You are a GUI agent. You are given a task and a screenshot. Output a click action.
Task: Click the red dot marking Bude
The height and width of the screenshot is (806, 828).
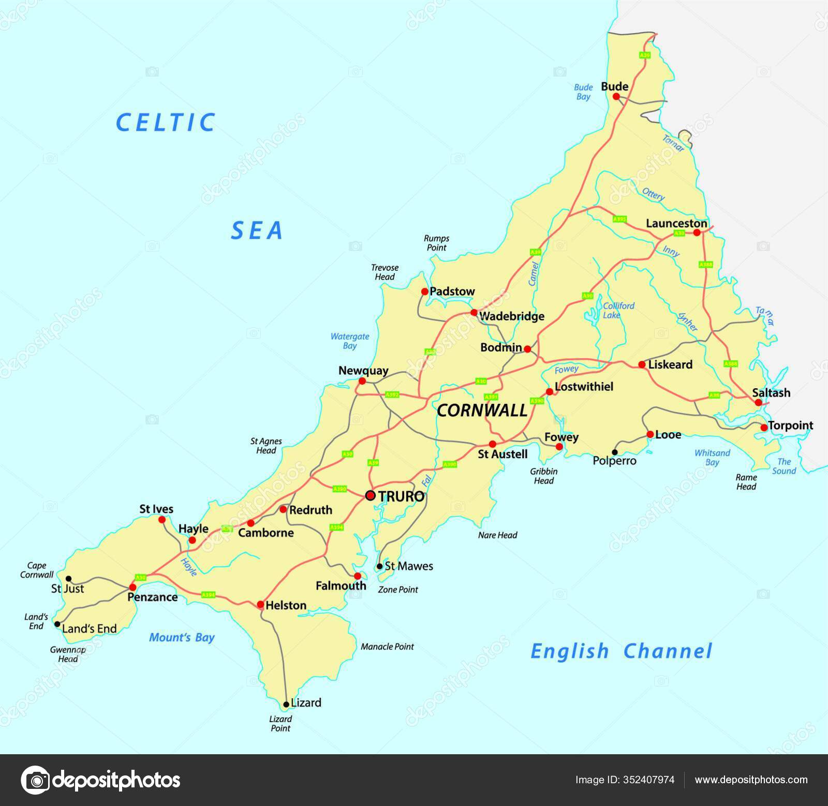[x=616, y=96]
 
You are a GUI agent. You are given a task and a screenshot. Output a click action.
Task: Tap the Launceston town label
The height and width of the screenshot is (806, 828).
[x=676, y=224]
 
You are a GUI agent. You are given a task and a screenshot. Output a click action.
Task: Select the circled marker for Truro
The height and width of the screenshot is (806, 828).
[x=370, y=495]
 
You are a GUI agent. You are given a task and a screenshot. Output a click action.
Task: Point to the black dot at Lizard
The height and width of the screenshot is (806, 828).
[x=286, y=705]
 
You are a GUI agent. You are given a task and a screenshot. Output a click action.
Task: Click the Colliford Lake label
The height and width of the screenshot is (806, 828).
[x=618, y=310]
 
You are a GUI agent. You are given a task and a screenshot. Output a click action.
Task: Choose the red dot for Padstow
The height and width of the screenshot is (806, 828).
[x=425, y=291]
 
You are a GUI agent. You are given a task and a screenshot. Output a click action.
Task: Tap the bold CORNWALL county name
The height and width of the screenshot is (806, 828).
[x=482, y=411]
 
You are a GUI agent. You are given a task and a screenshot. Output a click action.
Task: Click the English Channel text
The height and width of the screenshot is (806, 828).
[x=621, y=651]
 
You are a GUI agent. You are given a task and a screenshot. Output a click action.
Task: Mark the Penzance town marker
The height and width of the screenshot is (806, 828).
[x=132, y=587]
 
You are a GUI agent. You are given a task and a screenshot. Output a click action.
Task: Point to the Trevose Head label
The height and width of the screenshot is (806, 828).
[x=385, y=272]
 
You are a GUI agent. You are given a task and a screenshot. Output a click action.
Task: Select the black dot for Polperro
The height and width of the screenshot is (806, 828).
[x=615, y=452]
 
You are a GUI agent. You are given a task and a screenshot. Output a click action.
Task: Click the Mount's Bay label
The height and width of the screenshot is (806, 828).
[x=182, y=637]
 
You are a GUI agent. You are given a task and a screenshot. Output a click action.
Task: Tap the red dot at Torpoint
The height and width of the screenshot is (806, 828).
[x=764, y=427]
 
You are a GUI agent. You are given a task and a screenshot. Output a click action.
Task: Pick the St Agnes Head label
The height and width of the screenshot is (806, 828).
[x=266, y=446]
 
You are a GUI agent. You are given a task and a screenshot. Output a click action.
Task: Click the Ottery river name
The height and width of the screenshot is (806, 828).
[x=653, y=195]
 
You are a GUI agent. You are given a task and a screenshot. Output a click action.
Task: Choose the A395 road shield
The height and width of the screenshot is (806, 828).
[x=619, y=219]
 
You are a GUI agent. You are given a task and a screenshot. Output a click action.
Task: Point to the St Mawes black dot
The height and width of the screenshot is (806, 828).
[x=380, y=566]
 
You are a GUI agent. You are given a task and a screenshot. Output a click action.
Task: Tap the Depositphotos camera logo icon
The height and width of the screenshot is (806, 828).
[x=36, y=780]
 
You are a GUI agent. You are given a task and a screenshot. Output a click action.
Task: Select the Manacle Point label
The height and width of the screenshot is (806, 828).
[x=387, y=647]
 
